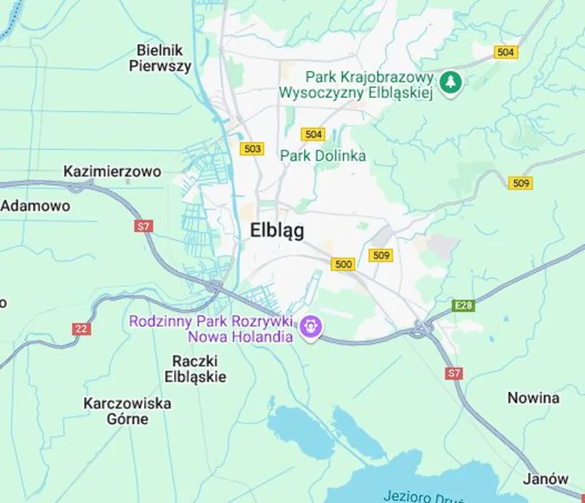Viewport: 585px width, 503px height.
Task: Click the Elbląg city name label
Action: point(277,230)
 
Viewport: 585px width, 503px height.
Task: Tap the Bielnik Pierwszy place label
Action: point(160,58)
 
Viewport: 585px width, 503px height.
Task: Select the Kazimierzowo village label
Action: point(112,172)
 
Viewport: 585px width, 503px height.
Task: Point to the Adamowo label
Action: point(36,206)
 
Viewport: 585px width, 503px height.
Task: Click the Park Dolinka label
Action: point(323,156)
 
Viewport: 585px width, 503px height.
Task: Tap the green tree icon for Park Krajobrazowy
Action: point(452,82)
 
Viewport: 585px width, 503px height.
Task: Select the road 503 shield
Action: point(252,149)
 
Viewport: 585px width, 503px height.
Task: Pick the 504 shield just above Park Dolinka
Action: point(313,135)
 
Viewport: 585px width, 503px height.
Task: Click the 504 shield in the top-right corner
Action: point(505,53)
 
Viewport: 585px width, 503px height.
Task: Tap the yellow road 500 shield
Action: point(342,265)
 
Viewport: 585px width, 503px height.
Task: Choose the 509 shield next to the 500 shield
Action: point(380,255)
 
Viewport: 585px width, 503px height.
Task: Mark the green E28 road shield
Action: point(463,306)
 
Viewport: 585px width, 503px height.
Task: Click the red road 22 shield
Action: point(81,329)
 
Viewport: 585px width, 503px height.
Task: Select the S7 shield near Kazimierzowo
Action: point(144,227)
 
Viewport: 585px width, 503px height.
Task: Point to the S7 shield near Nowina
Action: point(454,374)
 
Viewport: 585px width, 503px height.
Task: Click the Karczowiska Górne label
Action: point(127,412)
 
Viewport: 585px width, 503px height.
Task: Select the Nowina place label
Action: point(533,398)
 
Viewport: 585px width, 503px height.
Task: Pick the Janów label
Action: point(546,480)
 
